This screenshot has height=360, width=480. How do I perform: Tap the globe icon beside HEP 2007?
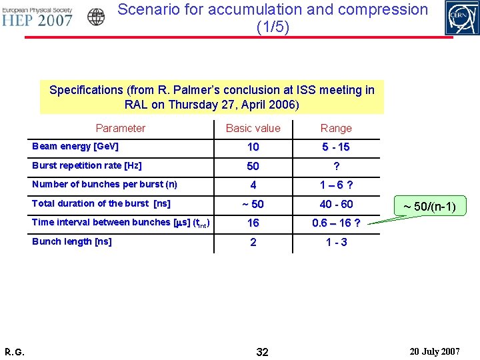[96, 17]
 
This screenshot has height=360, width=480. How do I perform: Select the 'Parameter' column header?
[120, 128]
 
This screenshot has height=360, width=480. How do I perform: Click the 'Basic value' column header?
[253, 128]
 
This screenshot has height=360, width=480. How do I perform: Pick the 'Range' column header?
[336, 128]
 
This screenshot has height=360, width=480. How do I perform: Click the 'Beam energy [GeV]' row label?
[75, 146]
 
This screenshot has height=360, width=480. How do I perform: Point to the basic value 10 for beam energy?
[253, 147]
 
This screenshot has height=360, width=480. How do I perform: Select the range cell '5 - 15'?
[336, 147]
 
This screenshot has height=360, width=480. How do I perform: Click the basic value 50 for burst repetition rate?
[253, 166]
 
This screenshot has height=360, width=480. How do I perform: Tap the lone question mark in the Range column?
[336, 166]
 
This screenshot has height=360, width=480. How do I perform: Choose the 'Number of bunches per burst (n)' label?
[105, 184]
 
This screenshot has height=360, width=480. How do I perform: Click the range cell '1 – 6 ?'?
[336, 185]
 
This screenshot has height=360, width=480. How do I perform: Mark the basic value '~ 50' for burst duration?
[253, 204]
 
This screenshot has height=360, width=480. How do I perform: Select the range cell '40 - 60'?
[336, 204]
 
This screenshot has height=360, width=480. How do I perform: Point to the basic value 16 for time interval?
[253, 223]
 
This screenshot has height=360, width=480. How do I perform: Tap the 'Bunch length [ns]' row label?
[72, 241]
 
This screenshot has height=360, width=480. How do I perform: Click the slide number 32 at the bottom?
[262, 351]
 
